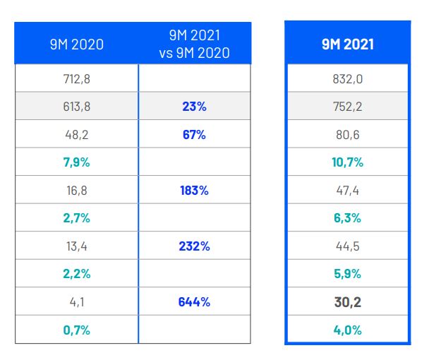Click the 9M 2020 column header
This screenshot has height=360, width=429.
coord(76,44)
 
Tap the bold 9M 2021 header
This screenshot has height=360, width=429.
coord(347,44)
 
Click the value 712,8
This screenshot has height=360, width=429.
coord(76,78)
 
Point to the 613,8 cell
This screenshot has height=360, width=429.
coord(76,107)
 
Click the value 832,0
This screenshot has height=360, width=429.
coord(347,78)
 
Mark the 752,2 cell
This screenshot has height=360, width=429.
coord(347,107)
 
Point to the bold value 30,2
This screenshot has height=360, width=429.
coord(347,302)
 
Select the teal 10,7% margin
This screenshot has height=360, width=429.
coord(347,162)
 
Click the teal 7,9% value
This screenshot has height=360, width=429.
coord(76,162)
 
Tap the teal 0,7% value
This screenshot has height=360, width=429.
coord(76,330)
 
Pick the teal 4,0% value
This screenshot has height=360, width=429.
coord(347,330)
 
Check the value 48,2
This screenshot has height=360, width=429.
coord(76,134)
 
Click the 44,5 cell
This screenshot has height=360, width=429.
coord(347,246)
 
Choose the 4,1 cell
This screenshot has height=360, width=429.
coord(76,302)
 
